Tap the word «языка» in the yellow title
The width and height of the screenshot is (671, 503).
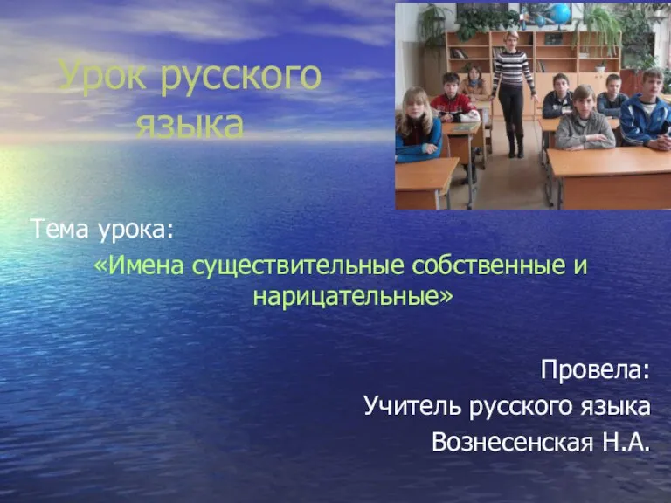pos(190,126)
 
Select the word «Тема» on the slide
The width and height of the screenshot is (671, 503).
pos(62,230)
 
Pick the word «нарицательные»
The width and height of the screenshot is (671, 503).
pos(347,296)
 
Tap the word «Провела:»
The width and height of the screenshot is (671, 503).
pos(595,369)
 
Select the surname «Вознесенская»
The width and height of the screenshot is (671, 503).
pos(513,442)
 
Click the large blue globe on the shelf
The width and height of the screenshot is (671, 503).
pos(560,13)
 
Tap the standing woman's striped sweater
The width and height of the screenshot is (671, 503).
pos(512,68)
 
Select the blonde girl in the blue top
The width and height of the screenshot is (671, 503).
pos(417,125)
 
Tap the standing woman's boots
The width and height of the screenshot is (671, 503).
pos(515,146)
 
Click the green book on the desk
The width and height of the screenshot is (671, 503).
pos(465,127)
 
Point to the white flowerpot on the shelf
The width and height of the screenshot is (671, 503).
pos(600,68)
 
